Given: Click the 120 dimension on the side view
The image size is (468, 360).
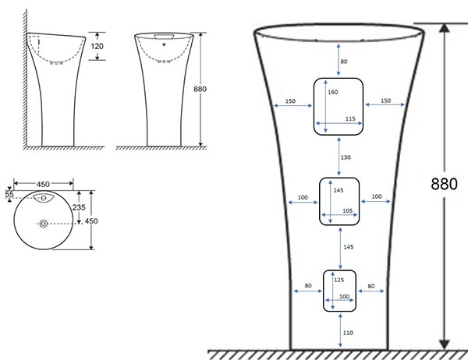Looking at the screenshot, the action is coord(97,46).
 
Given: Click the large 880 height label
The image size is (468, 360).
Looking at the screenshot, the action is coord(444,184).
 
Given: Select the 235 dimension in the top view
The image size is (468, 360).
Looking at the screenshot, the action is coord(79,207).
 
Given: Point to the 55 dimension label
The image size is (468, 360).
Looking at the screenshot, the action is coord(9,195).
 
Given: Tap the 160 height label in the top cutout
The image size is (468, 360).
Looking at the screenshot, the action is coord(333,92).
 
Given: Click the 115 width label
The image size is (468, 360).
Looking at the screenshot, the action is coord(350,118).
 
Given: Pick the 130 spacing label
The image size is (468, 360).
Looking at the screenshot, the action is coord(346,157).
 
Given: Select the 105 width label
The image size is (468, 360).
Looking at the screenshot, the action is coord(347,211).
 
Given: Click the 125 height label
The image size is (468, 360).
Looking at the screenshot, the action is coord(339,280).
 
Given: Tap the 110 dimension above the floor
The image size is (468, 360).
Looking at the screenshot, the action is coord(348,333).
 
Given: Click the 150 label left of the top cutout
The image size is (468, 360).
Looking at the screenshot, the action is coord(290,101).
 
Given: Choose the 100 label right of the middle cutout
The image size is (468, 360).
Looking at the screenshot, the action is coord(377,196).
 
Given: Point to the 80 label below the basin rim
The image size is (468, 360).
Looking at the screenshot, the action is coord(344,62).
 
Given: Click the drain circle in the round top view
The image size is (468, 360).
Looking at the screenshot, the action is coord(44,224).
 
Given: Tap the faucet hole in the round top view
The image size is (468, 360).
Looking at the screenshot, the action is coord(44,198).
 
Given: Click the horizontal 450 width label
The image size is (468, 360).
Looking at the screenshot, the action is coord(43,185).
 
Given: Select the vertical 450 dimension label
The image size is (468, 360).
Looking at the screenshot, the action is coord(91,221).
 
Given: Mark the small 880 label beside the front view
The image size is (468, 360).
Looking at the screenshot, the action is coord(200,89).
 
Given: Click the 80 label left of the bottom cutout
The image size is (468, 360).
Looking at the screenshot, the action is coord(308,286).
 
